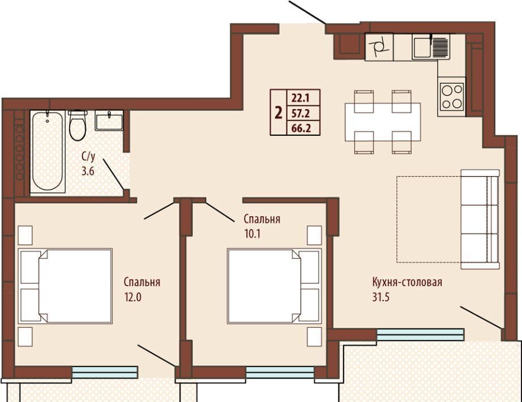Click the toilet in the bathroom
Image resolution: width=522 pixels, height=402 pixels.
point(78,125)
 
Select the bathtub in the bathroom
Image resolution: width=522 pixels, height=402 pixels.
point(48,152)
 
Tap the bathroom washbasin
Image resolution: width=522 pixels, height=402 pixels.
point(109,120)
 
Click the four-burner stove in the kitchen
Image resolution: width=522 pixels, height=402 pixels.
point(451,97)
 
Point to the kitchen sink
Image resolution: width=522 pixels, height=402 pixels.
point(431,46)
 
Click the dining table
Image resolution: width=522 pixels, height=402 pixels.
point(383,122)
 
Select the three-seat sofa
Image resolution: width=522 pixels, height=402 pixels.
point(480,219)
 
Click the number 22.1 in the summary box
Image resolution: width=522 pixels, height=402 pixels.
point(301,99)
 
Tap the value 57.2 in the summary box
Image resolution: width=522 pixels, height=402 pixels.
point(301,114)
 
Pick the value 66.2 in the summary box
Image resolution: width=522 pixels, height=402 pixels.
point(301,128)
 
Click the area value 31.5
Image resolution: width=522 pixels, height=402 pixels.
point(381,297)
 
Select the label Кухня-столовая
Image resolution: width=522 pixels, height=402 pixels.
point(407,283)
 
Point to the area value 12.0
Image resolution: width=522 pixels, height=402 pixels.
point(133,297)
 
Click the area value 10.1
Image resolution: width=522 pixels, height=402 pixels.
point(253,234)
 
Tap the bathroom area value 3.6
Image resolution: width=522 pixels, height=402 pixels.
point(88,171)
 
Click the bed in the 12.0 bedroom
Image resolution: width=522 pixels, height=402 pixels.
point(65,286)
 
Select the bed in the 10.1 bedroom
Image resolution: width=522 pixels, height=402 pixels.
point(275,286)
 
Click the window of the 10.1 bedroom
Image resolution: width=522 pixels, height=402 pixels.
point(280,373)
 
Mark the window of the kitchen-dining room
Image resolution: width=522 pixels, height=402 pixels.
point(420,335)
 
